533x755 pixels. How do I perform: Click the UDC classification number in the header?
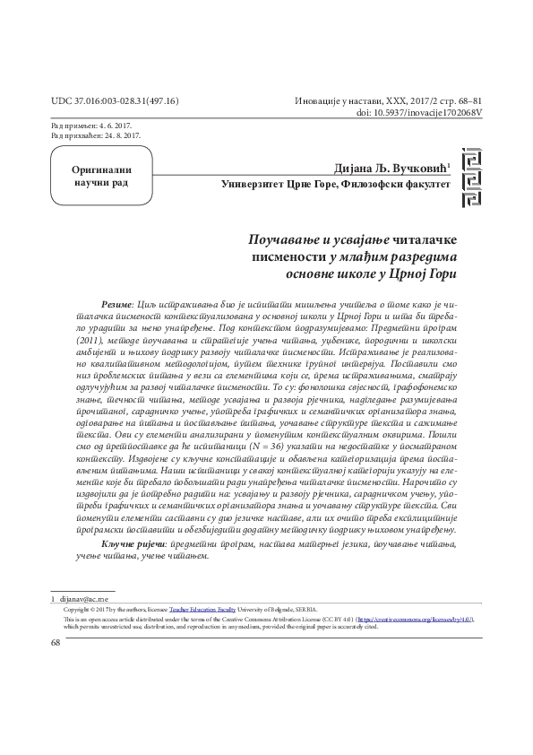click(116, 100)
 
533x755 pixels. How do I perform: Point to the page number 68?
click(57, 643)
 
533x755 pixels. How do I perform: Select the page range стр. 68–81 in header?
click(457, 100)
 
